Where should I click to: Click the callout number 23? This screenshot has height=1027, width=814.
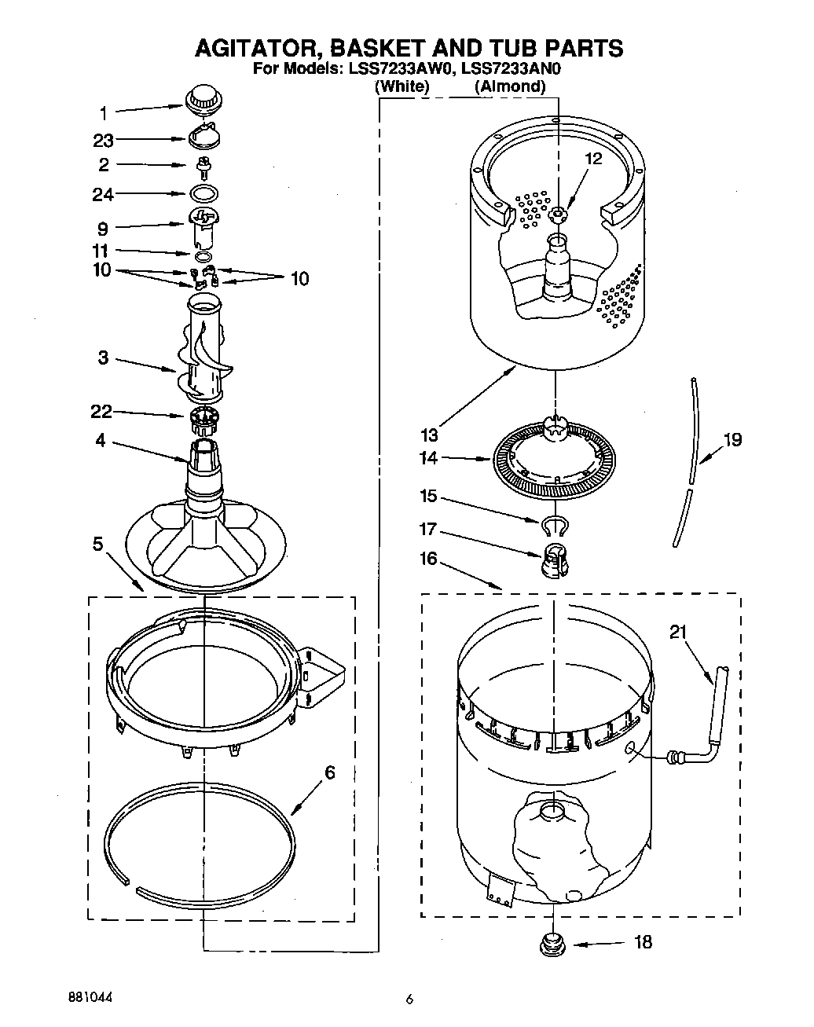pos(103,141)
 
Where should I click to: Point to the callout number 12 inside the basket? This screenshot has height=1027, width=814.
pos(593,159)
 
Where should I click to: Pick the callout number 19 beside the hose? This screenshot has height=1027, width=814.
pos(732,440)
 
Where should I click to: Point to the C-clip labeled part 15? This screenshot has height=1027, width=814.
pos(555,525)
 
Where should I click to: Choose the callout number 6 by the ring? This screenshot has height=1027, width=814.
pos(328,773)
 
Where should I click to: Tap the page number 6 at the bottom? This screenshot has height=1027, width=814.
pos(409,1000)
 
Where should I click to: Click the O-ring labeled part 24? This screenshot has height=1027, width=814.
pos(204,193)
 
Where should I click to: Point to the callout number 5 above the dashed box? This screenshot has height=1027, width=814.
pos(97,544)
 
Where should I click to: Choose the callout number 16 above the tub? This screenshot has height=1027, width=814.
pos(429,559)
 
